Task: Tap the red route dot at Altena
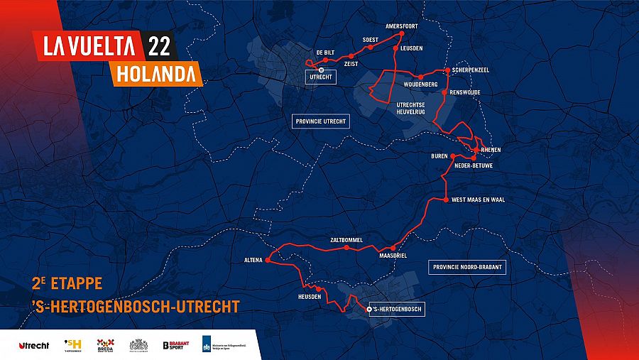tap(268, 261)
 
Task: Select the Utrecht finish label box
tap(320, 78)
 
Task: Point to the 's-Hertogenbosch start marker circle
tap(368, 310)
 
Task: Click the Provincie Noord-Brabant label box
tap(467, 268)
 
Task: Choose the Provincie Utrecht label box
tap(322, 121)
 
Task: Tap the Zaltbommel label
tap(346, 240)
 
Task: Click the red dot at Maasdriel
tap(393, 248)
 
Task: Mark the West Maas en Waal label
tap(478, 200)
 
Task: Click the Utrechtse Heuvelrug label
tap(415, 108)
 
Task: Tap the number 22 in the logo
tap(159, 46)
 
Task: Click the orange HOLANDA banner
tap(155, 72)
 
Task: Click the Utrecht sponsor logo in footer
tap(33, 345)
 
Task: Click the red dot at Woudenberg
tap(420, 77)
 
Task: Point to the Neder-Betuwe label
tap(473, 166)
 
